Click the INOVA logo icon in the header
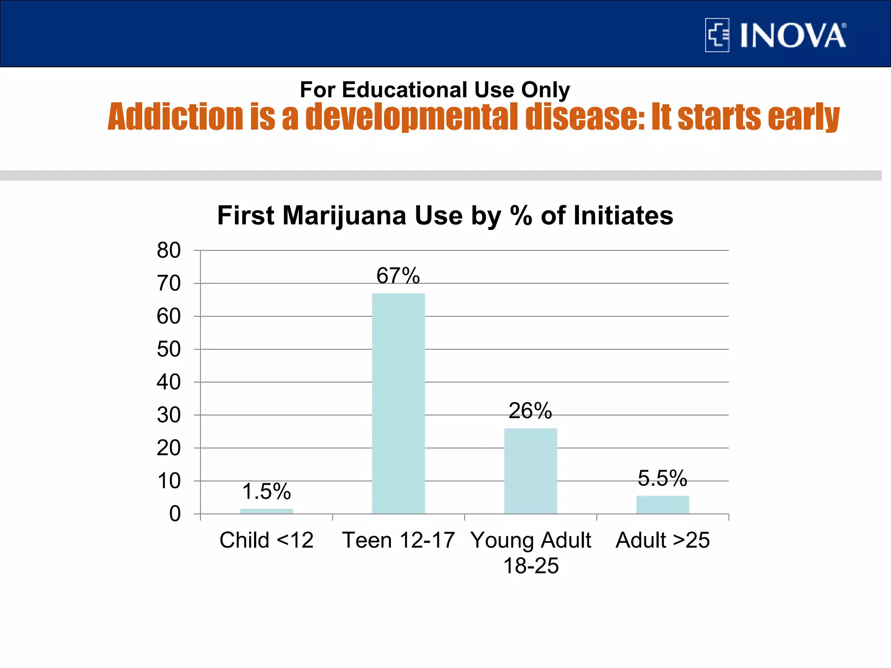[717, 35]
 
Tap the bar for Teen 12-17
[398, 403]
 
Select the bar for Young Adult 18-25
[530, 471]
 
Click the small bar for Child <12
[266, 511]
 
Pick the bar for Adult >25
[663, 504]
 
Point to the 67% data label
[398, 276]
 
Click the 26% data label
[530, 411]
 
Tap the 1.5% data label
[266, 491]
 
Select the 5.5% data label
[663, 478]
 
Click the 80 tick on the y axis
[169, 250]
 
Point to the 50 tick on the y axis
[169, 349]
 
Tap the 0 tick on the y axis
[175, 514]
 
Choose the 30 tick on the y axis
[169, 415]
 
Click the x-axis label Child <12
[266, 540]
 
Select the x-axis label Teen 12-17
[398, 540]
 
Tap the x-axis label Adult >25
[663, 540]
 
